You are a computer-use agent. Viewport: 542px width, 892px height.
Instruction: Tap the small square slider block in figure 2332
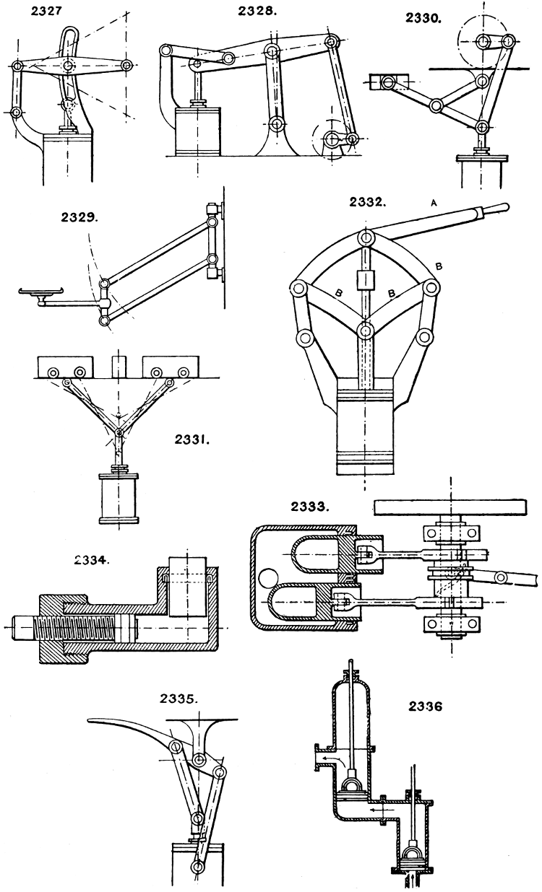point(366,279)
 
